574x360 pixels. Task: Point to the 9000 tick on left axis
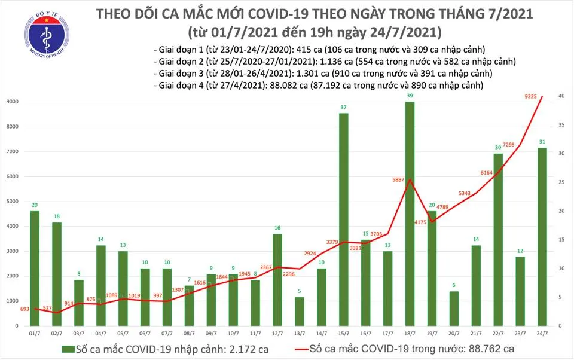[14, 102]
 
